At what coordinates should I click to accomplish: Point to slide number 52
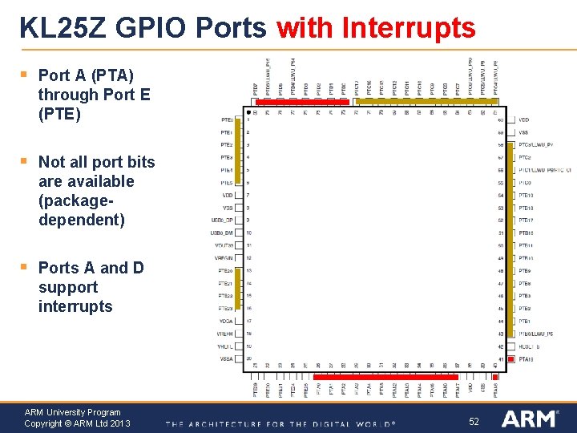474,421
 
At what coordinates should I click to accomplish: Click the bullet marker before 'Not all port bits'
25,162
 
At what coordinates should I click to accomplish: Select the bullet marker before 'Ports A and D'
25,268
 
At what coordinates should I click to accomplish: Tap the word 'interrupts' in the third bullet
75,306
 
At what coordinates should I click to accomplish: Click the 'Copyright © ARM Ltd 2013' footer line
77,423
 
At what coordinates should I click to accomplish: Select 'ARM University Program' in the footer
72,412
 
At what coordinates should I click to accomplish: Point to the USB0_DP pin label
223,220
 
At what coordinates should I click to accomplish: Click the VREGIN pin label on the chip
224,257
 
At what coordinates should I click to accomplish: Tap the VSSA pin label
226,358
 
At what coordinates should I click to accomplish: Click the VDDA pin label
226,320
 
